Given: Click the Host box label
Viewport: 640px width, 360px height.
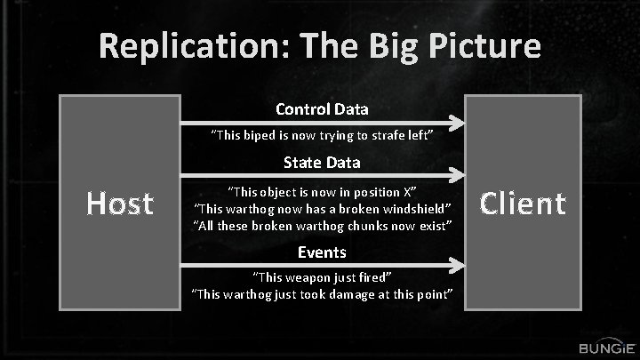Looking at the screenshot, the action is point(119,204).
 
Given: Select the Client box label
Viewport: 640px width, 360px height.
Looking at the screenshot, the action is point(523,204).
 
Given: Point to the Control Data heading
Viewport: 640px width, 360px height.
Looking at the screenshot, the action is point(322,109).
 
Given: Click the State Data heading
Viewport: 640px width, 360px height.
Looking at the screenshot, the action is point(322,163).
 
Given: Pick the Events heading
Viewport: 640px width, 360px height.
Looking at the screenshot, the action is point(322,252).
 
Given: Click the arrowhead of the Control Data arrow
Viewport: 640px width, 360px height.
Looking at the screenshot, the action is point(457,122).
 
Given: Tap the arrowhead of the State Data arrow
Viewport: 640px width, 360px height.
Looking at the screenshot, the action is point(457,175).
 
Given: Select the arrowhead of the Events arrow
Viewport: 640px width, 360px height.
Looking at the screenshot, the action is point(457,264).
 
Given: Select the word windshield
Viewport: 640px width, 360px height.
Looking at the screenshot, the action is point(418,209).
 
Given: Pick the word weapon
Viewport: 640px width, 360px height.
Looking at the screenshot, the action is point(312,276).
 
